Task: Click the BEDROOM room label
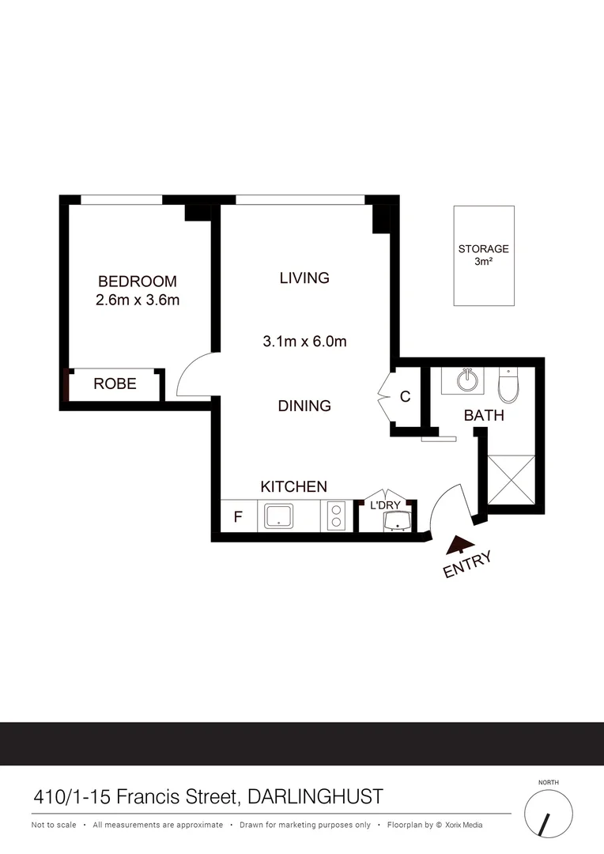pyautogui.click(x=137, y=282)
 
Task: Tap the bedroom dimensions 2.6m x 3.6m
pyautogui.click(x=137, y=300)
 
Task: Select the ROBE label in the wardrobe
pyautogui.click(x=115, y=384)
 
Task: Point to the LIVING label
pyautogui.click(x=304, y=278)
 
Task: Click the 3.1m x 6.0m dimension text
pyautogui.click(x=304, y=342)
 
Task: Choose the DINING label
pyautogui.click(x=304, y=406)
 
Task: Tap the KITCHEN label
pyautogui.click(x=294, y=486)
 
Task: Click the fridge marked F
pyautogui.click(x=237, y=519)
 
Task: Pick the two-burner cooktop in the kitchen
pyautogui.click(x=335, y=516)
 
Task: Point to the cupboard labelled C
pyautogui.click(x=405, y=397)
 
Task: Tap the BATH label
pyautogui.click(x=484, y=415)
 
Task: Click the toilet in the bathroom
pyautogui.click(x=508, y=385)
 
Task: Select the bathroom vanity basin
pyautogui.click(x=469, y=381)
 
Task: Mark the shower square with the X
pyautogui.click(x=512, y=480)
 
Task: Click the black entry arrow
pyautogui.click(x=458, y=546)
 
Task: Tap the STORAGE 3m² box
pyautogui.click(x=484, y=255)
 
